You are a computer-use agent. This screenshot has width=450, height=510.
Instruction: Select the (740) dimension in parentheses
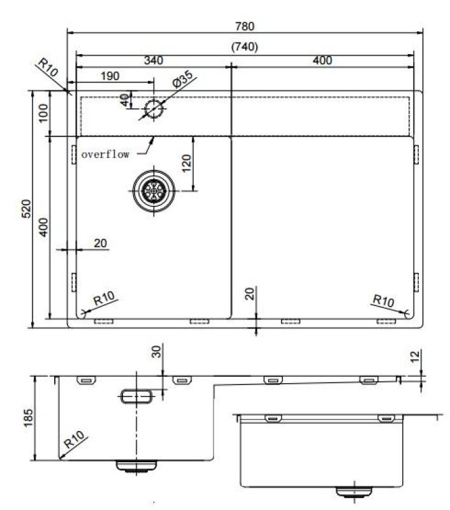coord(245,47)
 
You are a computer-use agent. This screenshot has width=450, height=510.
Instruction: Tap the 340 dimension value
coord(153,61)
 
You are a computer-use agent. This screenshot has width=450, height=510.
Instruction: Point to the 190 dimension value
coord(110,76)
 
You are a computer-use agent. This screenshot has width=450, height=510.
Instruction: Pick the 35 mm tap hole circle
coord(154,108)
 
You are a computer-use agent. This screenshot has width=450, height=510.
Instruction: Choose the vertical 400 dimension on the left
coord(43,226)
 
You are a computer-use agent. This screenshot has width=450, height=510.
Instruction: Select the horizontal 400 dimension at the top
coord(323,61)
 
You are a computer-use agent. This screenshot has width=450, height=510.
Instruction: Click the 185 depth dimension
coord(27,418)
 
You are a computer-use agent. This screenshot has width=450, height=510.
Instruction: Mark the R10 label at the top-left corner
coord(48,68)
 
